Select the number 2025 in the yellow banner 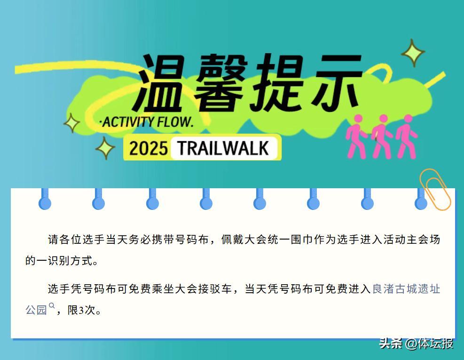click(x=148, y=148)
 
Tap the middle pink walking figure click(x=381, y=136)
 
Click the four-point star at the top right click(x=413, y=52)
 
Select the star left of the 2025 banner click(x=105, y=148)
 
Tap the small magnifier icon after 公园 click(x=52, y=305)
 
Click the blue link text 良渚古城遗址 click(x=406, y=289)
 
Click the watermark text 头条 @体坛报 click(x=416, y=344)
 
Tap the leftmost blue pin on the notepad click(x=45, y=199)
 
